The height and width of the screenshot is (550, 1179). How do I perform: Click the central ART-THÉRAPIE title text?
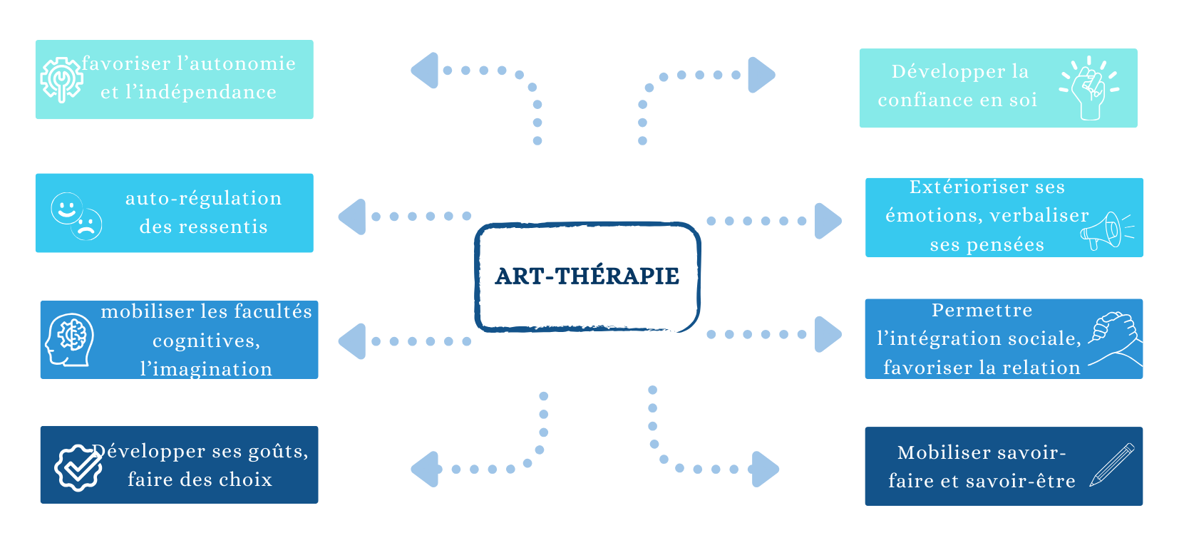coord(587,276)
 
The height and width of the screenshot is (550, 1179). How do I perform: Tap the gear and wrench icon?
coord(61,79)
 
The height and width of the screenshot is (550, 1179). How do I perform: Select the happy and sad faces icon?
coord(76,215)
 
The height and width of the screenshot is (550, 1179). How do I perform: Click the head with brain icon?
coord(69,340)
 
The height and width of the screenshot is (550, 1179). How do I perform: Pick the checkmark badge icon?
coord(78,467)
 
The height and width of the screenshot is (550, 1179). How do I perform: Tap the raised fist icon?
coord(1088,89)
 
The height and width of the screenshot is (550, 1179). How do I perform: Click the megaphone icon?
coord(1106,230)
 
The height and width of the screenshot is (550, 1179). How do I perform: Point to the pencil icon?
coord(1112,465)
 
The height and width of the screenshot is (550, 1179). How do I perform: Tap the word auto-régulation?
coord(203,198)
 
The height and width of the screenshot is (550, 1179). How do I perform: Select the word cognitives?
coord(207,341)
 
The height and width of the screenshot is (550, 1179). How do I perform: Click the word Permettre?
coord(982,310)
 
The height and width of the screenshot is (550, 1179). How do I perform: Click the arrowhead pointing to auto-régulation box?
coord(352,217)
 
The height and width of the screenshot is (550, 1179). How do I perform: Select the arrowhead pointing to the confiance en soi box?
coord(761,74)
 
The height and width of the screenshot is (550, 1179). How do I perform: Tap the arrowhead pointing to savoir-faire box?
coord(765,469)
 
